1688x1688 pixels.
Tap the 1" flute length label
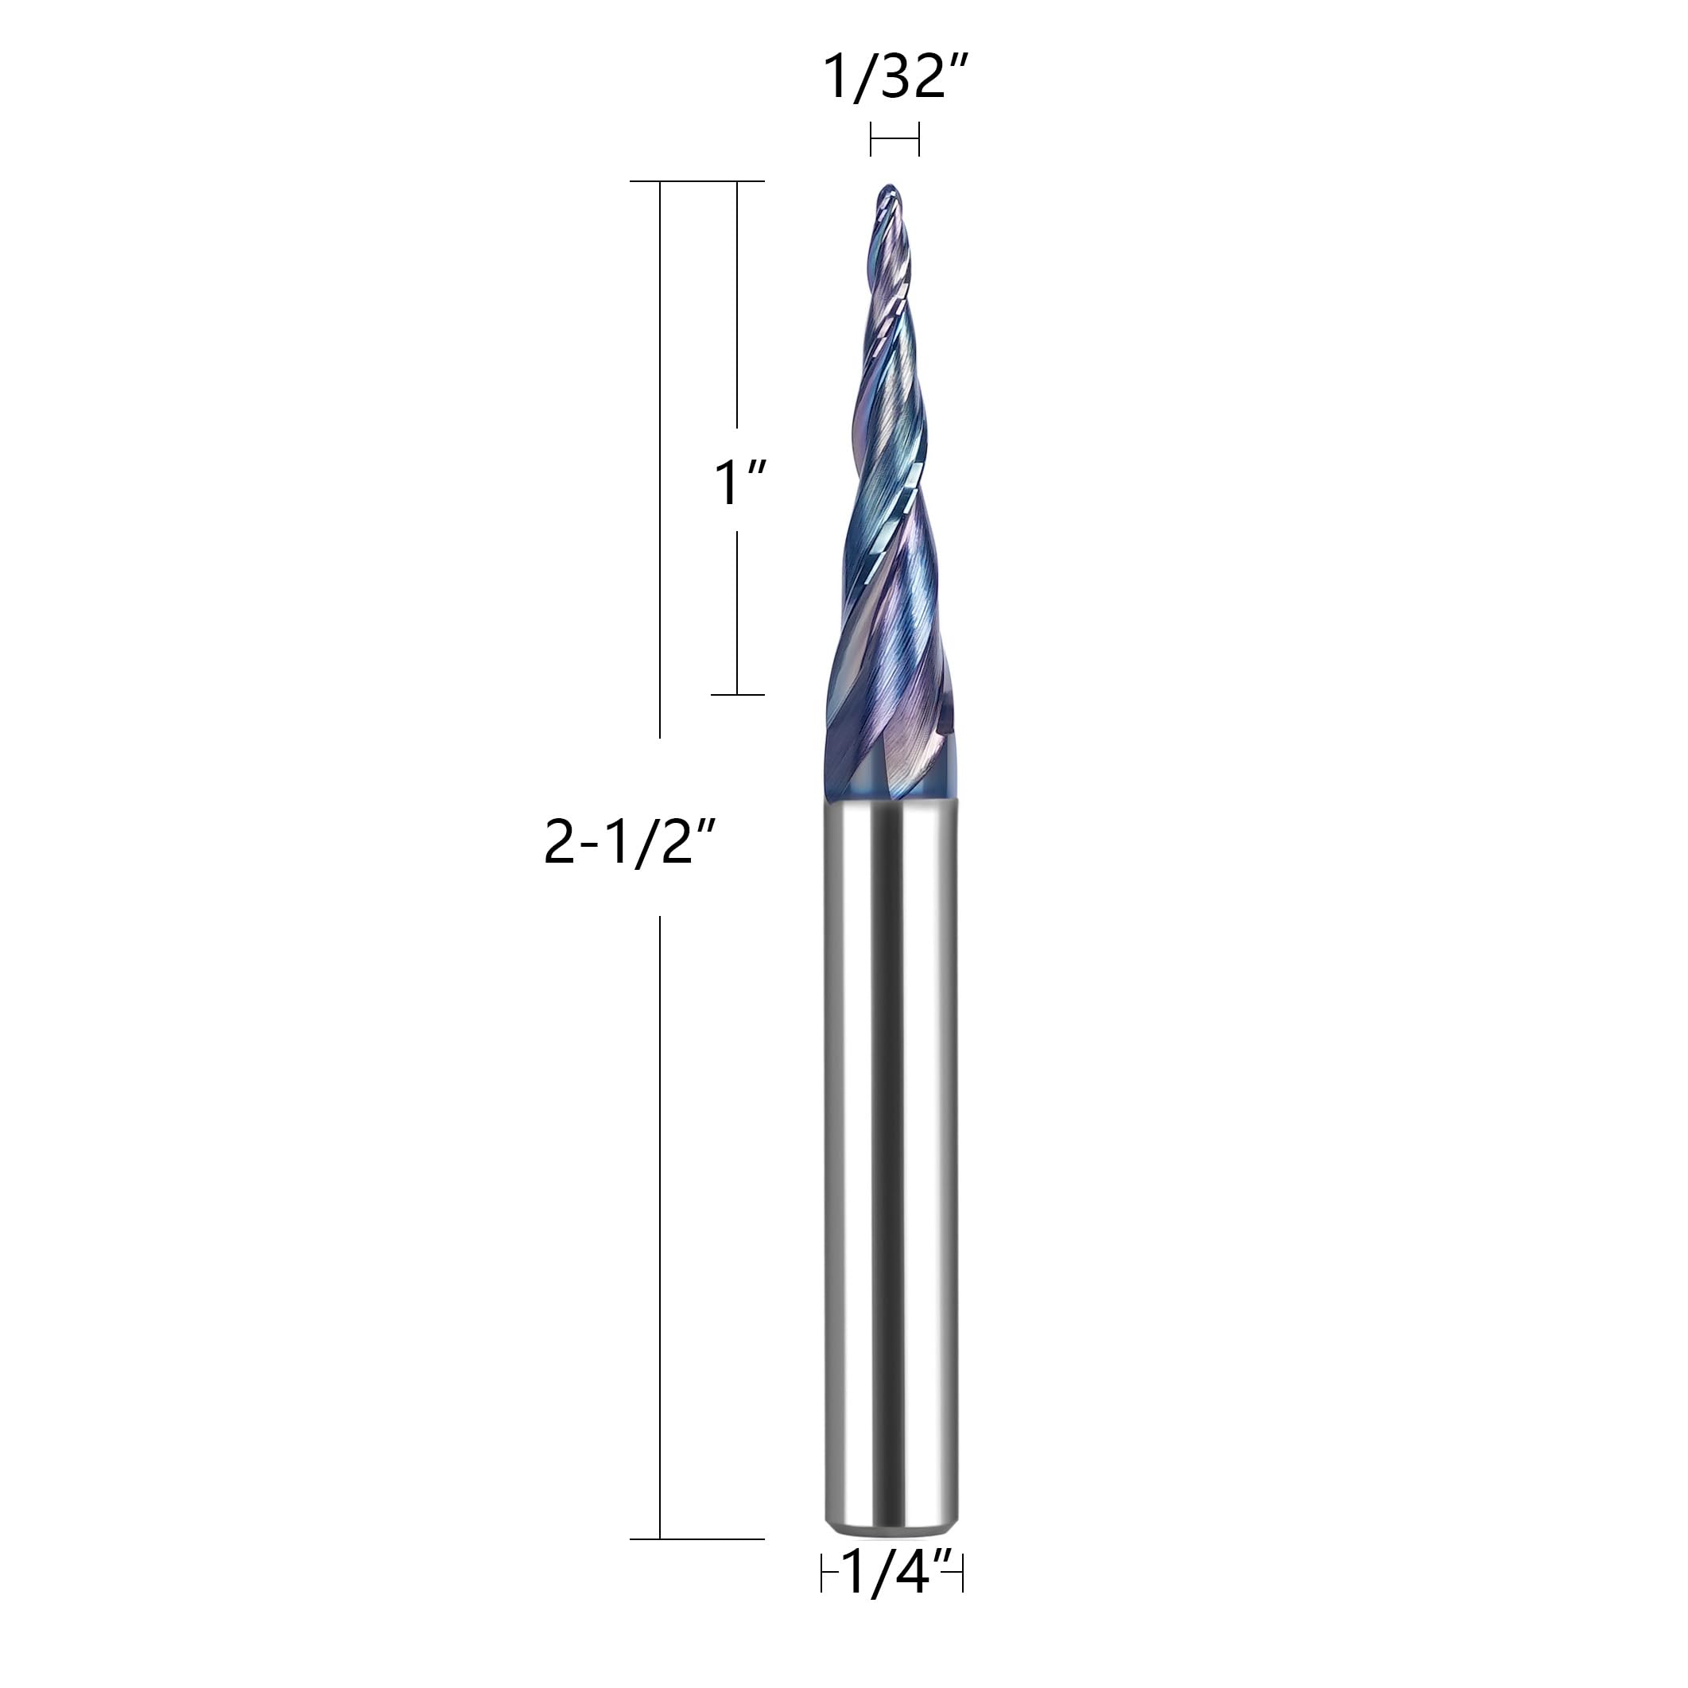pos(740,483)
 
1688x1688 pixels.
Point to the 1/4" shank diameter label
pos(892,1598)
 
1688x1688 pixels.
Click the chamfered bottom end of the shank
pos(891,1548)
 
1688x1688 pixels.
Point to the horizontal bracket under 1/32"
pos(894,139)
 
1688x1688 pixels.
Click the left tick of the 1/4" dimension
pos(822,1598)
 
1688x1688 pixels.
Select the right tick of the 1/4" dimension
pos(961,1598)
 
